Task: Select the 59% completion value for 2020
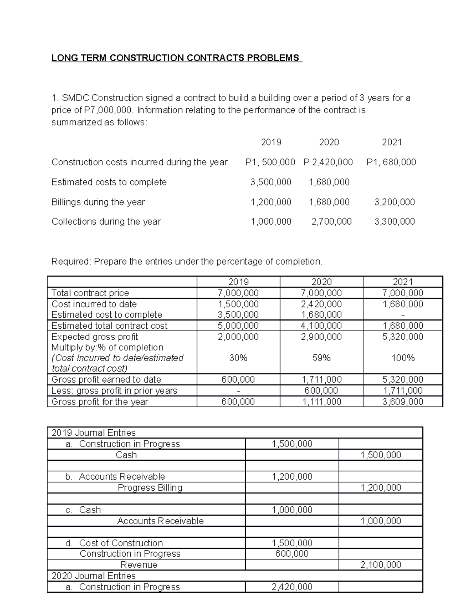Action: (321, 358)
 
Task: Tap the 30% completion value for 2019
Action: (238, 358)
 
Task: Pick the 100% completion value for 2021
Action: (403, 358)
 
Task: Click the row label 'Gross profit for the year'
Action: (100, 401)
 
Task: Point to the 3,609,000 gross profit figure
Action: (403, 401)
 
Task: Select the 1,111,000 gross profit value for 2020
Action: (321, 401)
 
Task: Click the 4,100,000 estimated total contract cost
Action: (321, 326)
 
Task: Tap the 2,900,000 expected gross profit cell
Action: (321, 337)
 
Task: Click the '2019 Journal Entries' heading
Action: (93, 433)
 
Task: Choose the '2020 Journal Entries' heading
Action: (93, 576)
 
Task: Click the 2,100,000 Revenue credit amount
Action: (380, 565)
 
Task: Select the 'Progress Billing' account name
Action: (150, 488)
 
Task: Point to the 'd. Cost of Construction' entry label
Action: (114, 543)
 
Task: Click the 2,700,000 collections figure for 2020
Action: (331, 222)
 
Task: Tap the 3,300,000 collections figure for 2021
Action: (394, 222)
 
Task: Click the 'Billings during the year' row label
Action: (98, 202)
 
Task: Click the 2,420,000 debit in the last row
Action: (292, 587)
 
